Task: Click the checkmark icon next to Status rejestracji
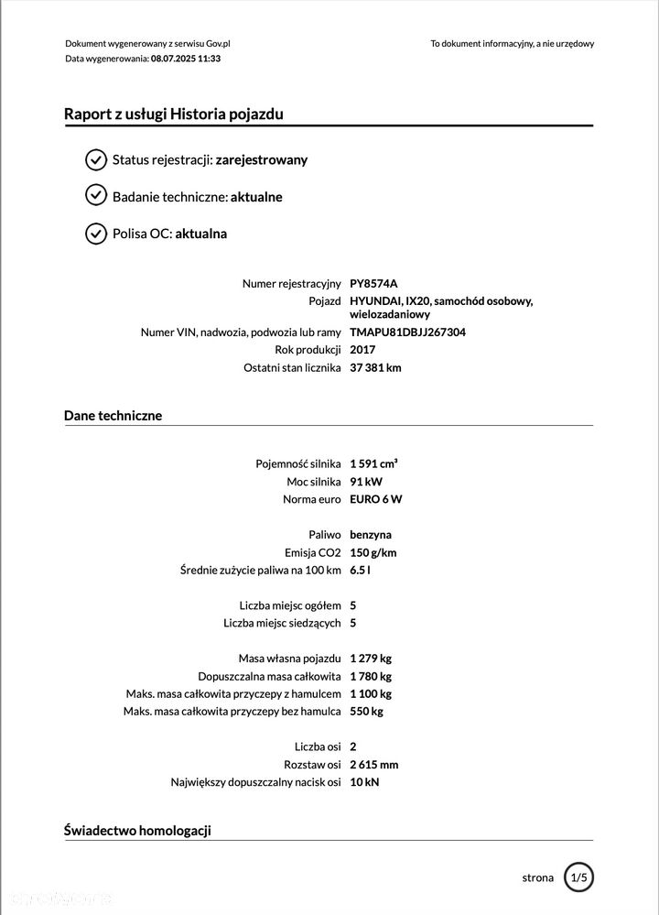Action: coord(96,160)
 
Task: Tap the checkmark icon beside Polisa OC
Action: coord(96,234)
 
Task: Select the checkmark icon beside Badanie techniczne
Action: coord(96,195)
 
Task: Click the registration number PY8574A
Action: coord(374,284)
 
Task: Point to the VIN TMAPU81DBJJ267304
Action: coord(407,332)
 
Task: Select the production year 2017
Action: coord(362,350)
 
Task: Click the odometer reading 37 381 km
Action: coord(375,368)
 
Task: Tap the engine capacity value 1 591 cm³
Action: coord(373,463)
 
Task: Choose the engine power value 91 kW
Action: coord(365,482)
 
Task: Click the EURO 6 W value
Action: coord(375,499)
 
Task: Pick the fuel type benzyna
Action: coord(371,535)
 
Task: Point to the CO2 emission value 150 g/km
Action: coord(373,552)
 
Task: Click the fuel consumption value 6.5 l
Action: coord(360,571)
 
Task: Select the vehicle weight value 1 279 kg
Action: coord(371,659)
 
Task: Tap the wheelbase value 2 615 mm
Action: coord(373,765)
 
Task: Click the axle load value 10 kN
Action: coord(364,782)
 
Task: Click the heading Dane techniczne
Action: coord(113,416)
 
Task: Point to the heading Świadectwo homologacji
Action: coord(137,831)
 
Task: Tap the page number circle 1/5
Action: coord(578,877)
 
